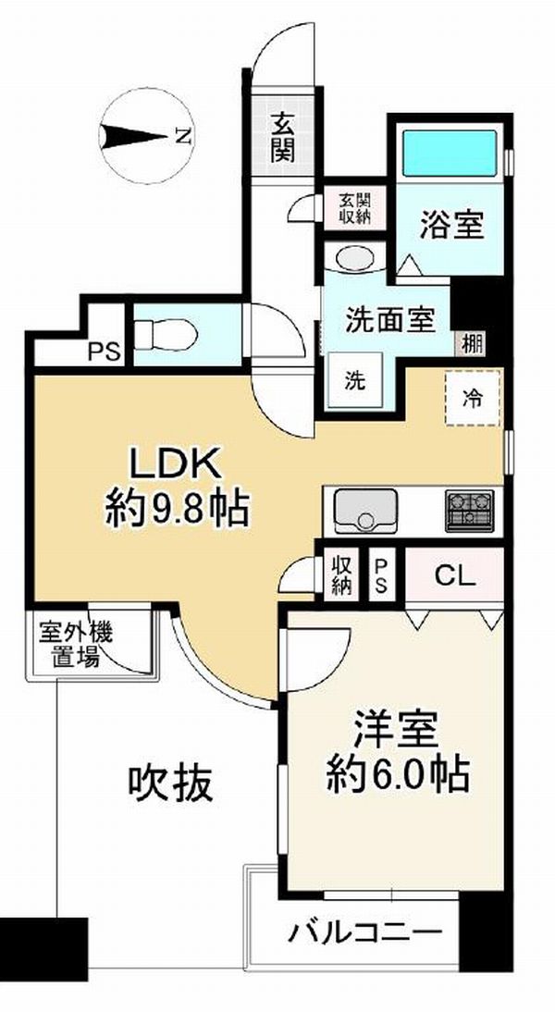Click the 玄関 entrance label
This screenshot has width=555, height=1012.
(283, 138)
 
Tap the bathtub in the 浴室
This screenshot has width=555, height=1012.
(450, 153)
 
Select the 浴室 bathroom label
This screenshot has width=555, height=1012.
(451, 224)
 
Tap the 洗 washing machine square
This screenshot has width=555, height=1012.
(354, 381)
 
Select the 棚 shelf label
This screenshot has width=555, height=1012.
(472, 343)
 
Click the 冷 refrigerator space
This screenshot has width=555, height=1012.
(473, 398)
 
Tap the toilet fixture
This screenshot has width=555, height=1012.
(166, 334)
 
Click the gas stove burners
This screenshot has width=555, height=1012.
(469, 510)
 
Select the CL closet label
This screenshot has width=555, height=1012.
(455, 574)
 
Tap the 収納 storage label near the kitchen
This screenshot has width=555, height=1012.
(340, 574)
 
